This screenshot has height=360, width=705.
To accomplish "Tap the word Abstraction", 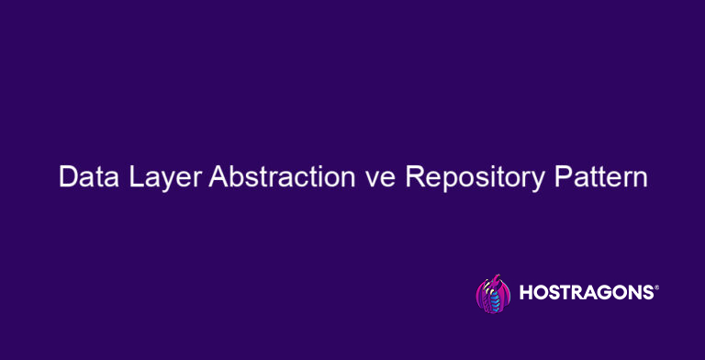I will tap(287, 177).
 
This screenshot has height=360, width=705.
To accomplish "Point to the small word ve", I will tap(384, 179).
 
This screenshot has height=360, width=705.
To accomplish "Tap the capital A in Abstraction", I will tap(218, 177).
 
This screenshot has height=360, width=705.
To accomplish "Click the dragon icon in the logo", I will tap(492, 294).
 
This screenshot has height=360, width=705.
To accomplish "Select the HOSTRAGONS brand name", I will tap(585, 294).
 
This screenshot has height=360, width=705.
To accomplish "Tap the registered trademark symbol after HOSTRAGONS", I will tap(655, 287).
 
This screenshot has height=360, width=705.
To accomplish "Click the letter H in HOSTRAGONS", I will tap(526, 294).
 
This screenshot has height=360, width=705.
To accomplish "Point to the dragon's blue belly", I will tap(496, 300).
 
